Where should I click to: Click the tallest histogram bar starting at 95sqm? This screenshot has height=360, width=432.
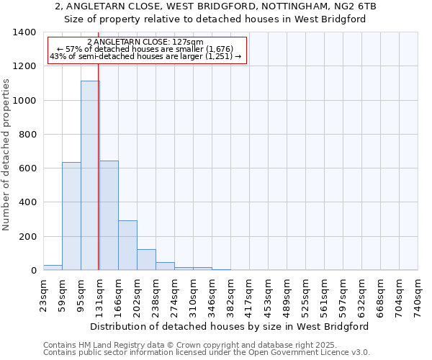(90, 176)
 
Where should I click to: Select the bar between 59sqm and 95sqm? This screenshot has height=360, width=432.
(71, 216)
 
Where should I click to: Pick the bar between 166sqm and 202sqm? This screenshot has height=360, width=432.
(127, 245)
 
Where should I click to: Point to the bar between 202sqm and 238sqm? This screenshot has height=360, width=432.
(146, 259)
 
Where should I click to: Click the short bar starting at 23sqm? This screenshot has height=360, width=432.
(53, 267)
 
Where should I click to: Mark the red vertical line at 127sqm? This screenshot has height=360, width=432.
(98, 180)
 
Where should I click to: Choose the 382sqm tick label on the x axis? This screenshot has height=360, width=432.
(231, 296)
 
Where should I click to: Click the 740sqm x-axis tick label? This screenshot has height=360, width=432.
(418, 296)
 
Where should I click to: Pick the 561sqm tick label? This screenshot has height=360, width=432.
(325, 296)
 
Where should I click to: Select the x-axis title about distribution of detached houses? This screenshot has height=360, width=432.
(230, 326)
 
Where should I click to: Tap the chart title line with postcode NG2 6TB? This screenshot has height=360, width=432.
(215, 6)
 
